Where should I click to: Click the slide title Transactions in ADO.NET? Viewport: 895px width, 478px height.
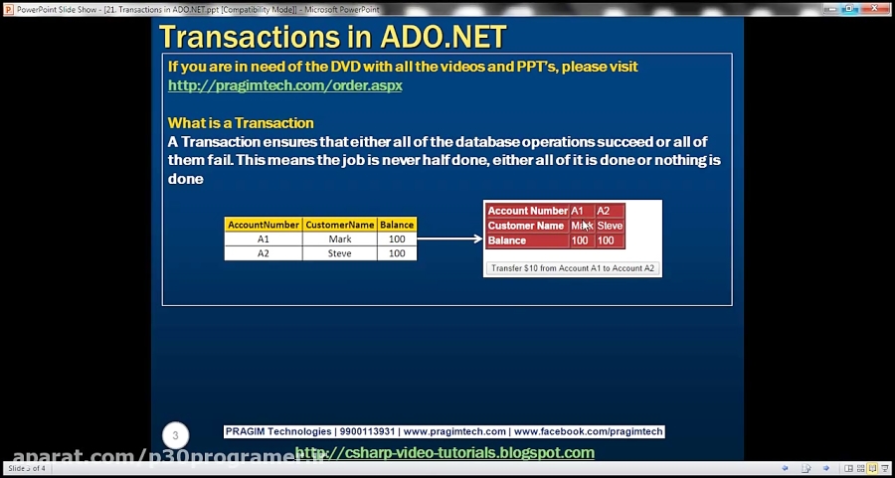332,37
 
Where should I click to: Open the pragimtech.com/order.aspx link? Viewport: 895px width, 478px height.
284,85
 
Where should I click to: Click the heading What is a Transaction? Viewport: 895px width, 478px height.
241,123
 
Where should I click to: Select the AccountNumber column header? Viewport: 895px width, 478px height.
263,225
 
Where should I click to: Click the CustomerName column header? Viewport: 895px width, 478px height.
339,225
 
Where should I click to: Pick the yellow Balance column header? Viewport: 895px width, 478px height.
397,225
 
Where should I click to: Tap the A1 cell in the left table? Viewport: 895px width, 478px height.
263,239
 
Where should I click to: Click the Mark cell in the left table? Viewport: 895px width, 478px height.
339,239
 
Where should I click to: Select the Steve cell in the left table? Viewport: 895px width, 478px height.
339,253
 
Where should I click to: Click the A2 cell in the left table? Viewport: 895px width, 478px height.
263,253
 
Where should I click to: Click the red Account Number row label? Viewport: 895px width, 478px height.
527,211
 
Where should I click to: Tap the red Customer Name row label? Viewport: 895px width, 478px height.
527,226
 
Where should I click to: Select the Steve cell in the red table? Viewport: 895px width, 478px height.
610,226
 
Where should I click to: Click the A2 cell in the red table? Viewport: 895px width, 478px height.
603,211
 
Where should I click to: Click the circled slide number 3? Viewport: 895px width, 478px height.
176,435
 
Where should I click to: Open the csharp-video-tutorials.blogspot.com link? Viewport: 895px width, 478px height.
446,453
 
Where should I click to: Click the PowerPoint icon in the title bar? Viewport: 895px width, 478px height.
8,7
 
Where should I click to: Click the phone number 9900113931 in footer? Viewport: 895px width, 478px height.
367,432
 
